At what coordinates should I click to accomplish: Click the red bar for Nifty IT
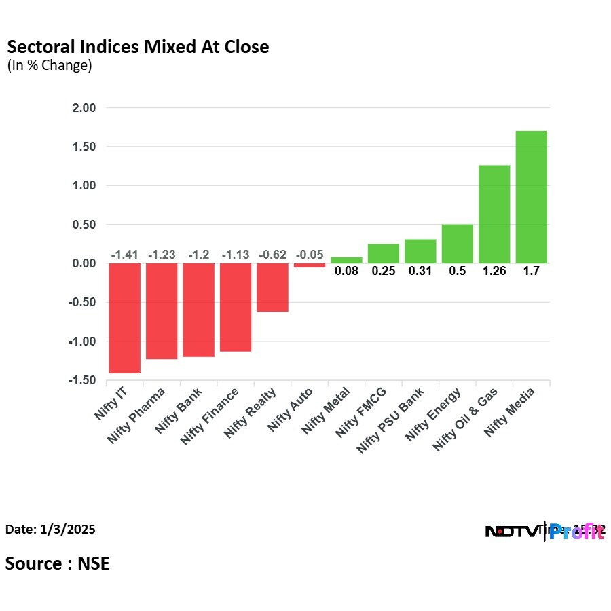pyautogui.click(x=124, y=318)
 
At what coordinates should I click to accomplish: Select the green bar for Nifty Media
pyautogui.click(x=531, y=197)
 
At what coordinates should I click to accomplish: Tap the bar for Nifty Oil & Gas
pyautogui.click(x=494, y=214)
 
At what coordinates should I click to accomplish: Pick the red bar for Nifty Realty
pyautogui.click(x=272, y=287)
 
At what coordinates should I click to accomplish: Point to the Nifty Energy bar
pyautogui.click(x=457, y=243)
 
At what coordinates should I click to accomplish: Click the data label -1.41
pyautogui.click(x=124, y=255)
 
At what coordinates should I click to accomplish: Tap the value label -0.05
pyautogui.click(x=310, y=255)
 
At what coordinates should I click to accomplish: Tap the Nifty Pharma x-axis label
pyautogui.click(x=138, y=415)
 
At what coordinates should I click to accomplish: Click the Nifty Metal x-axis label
pyautogui.click(x=327, y=410)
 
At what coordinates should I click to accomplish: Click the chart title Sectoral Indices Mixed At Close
pyautogui.click(x=138, y=47)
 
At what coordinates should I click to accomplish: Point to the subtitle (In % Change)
pyautogui.click(x=49, y=66)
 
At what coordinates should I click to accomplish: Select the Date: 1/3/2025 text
pyautogui.click(x=50, y=529)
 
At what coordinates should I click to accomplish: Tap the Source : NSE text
pyautogui.click(x=58, y=563)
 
